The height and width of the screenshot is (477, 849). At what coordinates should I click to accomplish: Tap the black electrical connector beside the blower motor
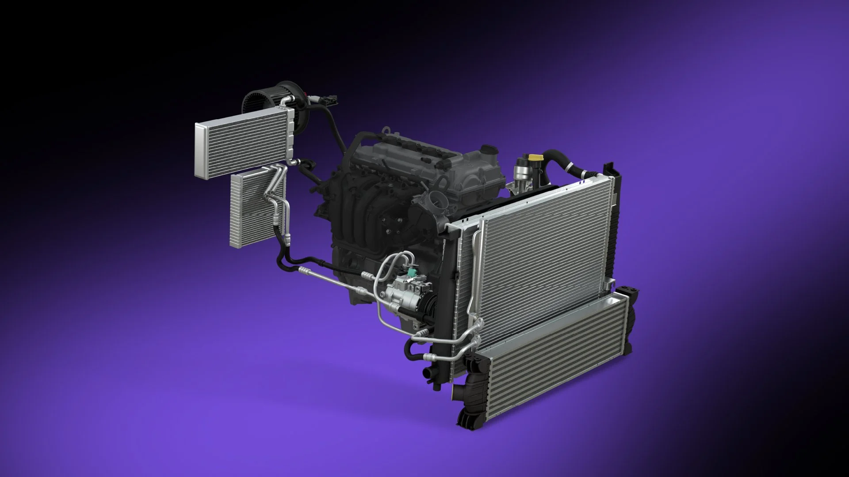tap(329, 101)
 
